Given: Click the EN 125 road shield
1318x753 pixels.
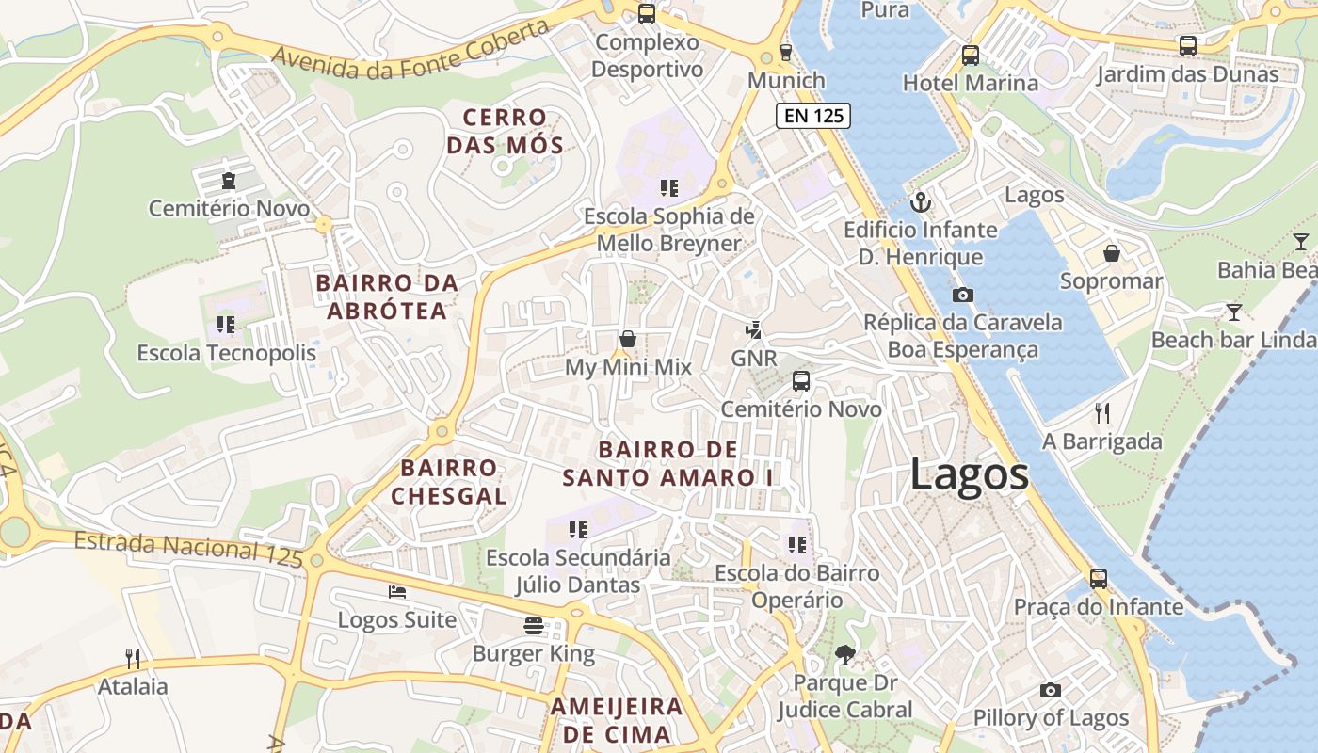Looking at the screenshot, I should pos(813,117).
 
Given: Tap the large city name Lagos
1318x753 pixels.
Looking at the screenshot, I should pos(969,474).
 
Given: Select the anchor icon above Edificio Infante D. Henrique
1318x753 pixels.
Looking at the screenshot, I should pos(921,202).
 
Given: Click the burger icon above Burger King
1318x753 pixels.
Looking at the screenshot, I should pos(534,626).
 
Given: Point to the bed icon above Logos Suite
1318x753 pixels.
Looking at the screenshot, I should pos(397,592).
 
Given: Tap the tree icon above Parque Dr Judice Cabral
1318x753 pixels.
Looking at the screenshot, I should pos(844,655).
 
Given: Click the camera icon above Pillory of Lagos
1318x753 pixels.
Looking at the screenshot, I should pos(1051,690).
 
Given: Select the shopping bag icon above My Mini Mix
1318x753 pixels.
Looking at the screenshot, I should pos(628,339).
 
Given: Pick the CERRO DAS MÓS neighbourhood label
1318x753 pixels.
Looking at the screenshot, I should pos(505,132).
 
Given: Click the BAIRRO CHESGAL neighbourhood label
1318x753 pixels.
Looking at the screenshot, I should pos(449,482).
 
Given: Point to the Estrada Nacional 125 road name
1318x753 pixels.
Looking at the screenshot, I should pos(188,548).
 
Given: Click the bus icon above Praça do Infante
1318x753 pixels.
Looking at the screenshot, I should pos(1098,579).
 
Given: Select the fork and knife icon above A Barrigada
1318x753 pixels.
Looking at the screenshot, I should pos(1102,413).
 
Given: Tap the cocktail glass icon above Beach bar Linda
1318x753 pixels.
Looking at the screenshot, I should pos(1233,312).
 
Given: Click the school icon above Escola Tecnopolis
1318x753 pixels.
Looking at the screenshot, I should pos(225,325).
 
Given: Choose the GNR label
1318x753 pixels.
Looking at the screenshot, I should pos(754,359).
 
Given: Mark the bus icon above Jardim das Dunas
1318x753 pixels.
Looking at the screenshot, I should pos(1188,46).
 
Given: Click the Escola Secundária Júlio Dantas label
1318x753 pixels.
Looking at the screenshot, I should pos(578,571).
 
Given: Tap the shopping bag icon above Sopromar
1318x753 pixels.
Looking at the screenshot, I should pos(1112,253).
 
